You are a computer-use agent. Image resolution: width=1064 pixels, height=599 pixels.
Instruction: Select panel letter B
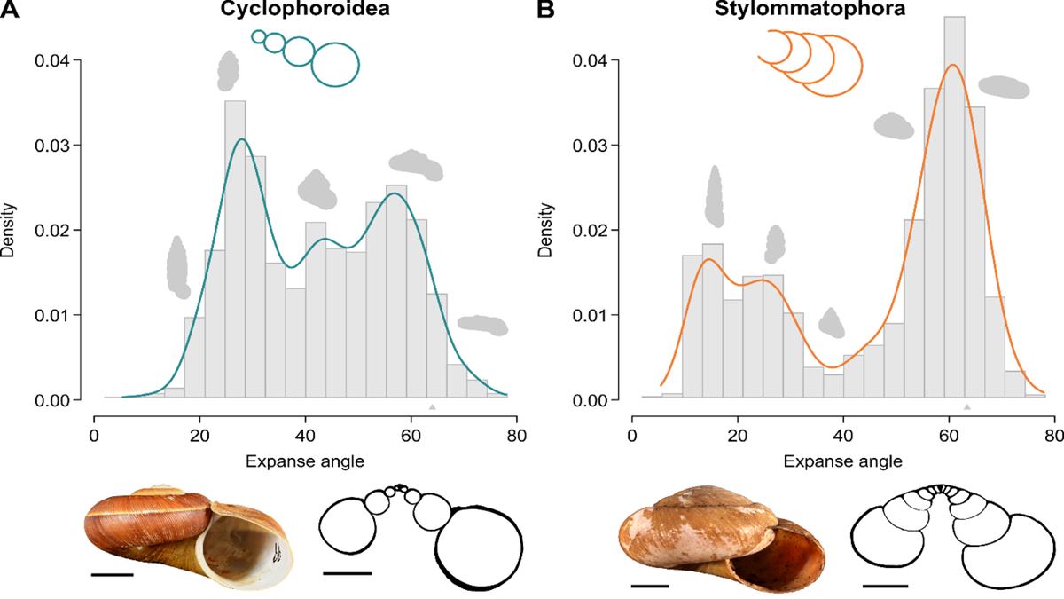[x=547, y=12]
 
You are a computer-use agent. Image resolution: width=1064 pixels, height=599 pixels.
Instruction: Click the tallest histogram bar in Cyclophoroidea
[x=234, y=248]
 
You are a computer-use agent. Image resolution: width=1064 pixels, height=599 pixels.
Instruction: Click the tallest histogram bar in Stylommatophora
[x=954, y=204]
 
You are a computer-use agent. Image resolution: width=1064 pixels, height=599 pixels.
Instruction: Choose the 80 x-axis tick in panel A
[x=517, y=437]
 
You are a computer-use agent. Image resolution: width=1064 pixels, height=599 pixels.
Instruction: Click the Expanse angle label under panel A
[x=305, y=461]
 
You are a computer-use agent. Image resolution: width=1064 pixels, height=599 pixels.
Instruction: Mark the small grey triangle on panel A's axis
[x=432, y=407]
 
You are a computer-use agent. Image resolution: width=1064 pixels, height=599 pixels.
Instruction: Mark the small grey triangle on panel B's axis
[x=968, y=407]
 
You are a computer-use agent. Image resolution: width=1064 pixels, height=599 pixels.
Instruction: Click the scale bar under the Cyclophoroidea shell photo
[x=112, y=574]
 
